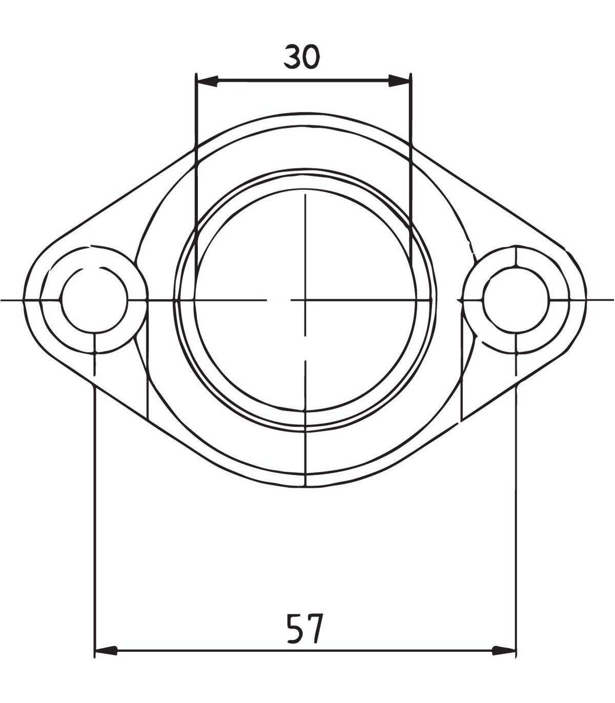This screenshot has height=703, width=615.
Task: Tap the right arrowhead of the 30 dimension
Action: click(x=400, y=81)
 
